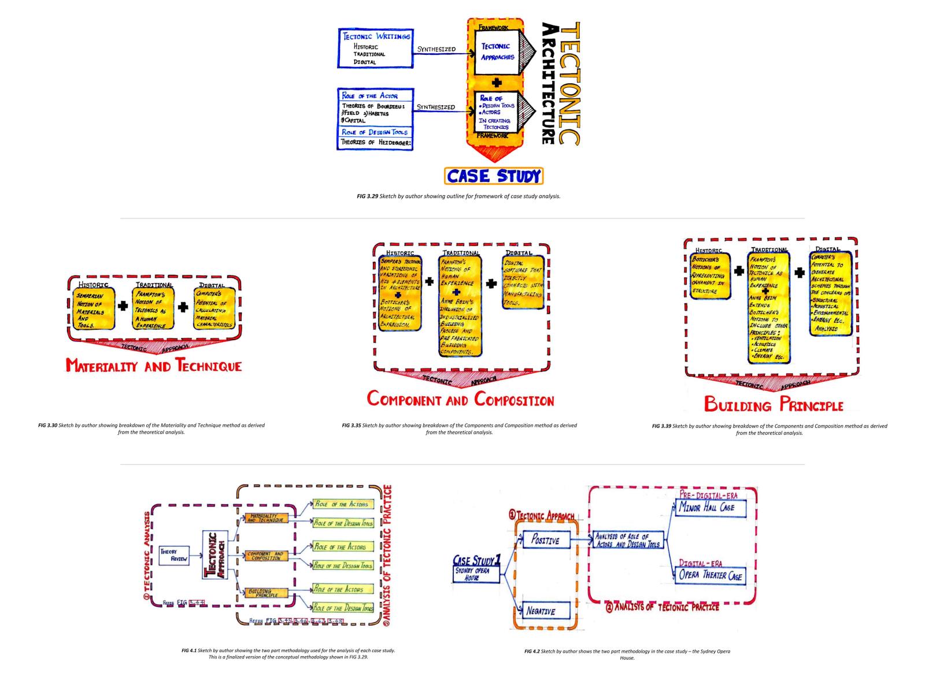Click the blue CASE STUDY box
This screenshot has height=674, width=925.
pos(494,176)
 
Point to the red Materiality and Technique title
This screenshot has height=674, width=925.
pos(153,366)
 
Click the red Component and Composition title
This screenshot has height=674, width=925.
pos(460,400)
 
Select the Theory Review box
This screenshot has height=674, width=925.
pos(174,555)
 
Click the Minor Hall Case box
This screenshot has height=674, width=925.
pos(711,508)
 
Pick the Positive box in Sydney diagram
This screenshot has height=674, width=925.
pos(545,541)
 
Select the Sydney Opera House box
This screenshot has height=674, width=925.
pos(476,574)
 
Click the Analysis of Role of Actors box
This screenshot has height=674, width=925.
pos(628,541)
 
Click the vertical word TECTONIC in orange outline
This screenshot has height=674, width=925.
pos(571,84)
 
